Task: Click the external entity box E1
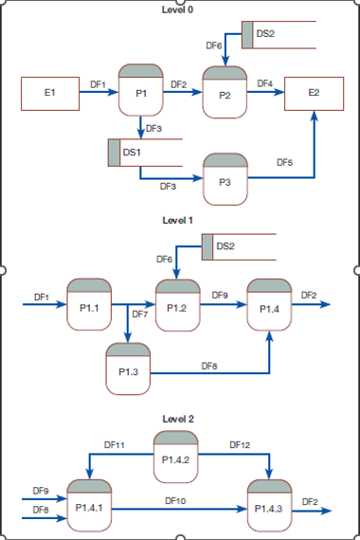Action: click(x=49, y=94)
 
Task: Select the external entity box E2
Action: click(x=314, y=94)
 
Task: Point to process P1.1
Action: click(x=90, y=304)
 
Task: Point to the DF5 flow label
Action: click(x=284, y=163)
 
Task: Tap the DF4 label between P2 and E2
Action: click(x=265, y=84)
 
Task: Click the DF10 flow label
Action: click(x=176, y=499)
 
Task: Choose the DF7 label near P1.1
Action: click(x=139, y=314)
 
